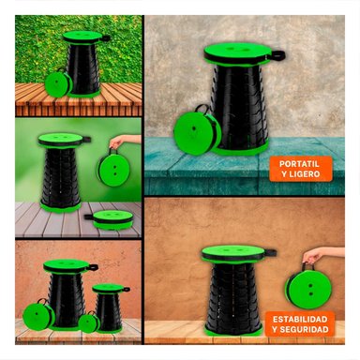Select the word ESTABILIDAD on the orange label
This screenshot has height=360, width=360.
coord(300,320)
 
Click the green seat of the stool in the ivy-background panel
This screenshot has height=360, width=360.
coord(82,37)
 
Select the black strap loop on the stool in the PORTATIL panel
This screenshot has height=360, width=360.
coord(277,55)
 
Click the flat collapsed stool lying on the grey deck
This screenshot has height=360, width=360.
coord(113,218)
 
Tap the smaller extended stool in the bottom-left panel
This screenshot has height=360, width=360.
coord(109,307)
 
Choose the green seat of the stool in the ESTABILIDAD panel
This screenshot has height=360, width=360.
coord(233,252)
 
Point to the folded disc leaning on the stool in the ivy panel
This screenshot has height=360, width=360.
coord(58,83)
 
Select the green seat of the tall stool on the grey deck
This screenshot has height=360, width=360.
coord(60,140)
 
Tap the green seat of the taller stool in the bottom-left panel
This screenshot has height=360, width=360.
coord(67,266)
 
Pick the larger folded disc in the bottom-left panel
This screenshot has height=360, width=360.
coord(38,316)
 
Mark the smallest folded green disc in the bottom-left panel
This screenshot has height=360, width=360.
coord(89,323)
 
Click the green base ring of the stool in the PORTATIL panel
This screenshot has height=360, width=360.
coord(241,150)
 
